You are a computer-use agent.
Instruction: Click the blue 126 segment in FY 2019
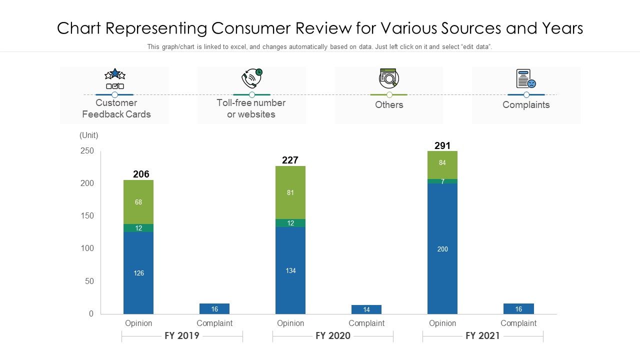pos(138,273)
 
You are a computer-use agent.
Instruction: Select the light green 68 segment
pos(138,202)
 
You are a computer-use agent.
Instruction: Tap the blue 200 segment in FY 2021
pos(442,248)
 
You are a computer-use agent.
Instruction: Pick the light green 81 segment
pos(290,192)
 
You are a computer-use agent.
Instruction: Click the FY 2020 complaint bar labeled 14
pos(366,309)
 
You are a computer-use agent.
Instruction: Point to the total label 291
pos(442,145)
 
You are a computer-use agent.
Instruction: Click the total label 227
pos(290,160)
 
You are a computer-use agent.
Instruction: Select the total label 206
pos(141,174)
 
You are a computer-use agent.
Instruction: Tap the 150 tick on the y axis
pos(87,216)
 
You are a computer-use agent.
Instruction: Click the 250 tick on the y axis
pos(87,151)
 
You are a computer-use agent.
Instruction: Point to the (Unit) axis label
pos(89,135)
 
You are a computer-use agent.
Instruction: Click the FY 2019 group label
pos(182,335)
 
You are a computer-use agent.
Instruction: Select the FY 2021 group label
pos(482,335)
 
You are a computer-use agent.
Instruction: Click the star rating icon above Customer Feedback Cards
pos(115,78)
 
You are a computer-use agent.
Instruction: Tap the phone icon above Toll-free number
pos(252,78)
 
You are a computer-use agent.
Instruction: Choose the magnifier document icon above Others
pos(388,78)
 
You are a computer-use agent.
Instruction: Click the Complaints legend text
pos(526,105)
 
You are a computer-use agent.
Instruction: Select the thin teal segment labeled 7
pos(442,181)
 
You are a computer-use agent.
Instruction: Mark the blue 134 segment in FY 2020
pos(290,270)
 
